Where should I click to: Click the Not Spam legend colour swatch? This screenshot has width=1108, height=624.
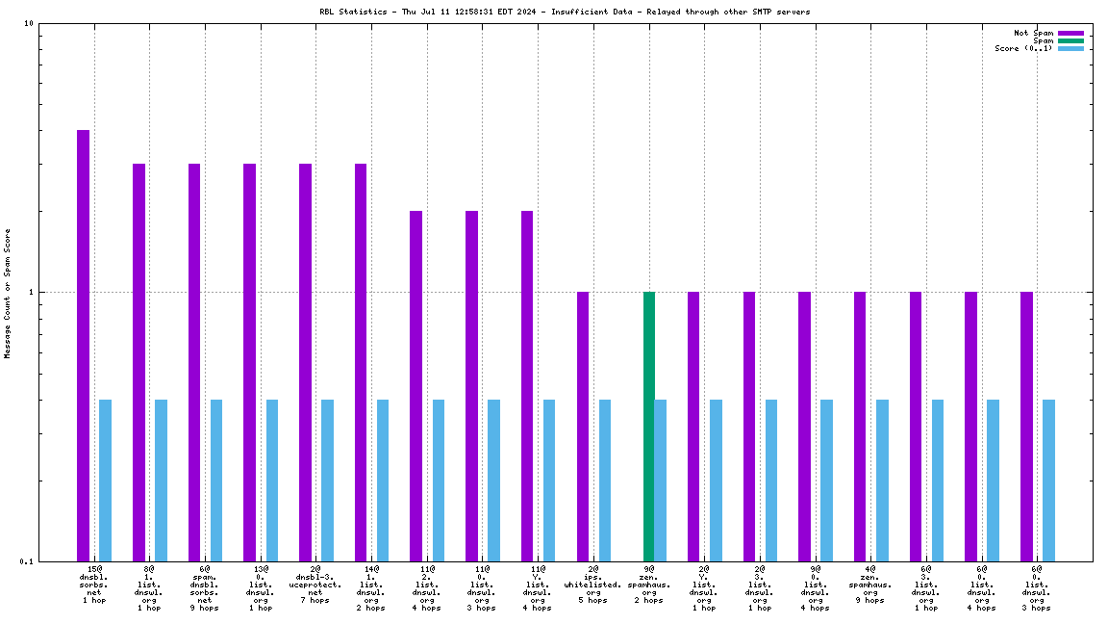click(1070, 33)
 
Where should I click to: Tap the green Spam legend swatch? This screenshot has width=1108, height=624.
click(1070, 40)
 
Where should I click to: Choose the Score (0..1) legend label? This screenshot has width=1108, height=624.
click(1023, 48)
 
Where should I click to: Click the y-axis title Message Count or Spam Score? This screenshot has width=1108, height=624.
click(8, 293)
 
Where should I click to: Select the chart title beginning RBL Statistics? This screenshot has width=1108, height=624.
click(565, 12)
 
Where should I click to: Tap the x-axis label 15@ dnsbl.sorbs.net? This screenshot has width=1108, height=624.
click(94, 585)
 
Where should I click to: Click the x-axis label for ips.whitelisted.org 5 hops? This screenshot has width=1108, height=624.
click(593, 585)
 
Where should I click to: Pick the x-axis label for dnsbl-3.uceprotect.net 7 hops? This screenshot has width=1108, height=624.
click(315, 585)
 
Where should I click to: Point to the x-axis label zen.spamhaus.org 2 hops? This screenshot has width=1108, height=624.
click(648, 585)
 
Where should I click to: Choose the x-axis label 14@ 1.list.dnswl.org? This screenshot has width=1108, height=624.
click(371, 588)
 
